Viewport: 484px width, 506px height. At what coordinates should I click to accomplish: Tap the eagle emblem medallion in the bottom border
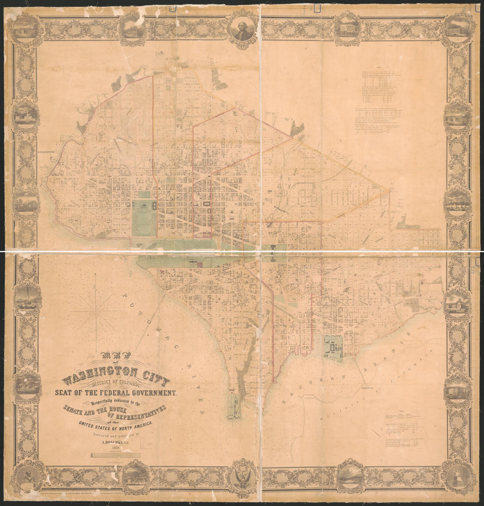[242, 477]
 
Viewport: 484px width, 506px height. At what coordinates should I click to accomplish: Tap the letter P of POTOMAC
[125, 295]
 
